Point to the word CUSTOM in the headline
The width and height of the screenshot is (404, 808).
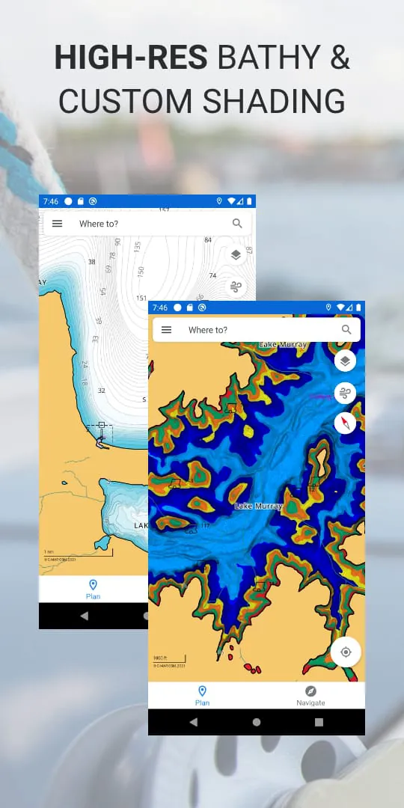[132, 101]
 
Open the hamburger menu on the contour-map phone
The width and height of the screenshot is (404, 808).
[58, 224]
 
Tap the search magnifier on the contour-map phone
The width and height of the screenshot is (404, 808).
[237, 224]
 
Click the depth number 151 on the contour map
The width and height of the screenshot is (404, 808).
[141, 298]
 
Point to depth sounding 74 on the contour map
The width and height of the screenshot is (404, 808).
[212, 275]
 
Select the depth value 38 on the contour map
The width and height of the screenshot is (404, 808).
[91, 262]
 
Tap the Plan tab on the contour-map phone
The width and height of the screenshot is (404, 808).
[93, 589]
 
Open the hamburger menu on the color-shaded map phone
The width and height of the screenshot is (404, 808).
[167, 330]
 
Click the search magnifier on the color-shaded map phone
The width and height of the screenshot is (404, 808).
[346, 330]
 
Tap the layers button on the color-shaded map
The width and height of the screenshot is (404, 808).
[345, 361]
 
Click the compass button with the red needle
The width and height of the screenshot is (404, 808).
[345, 423]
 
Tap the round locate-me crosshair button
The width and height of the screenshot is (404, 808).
[346, 652]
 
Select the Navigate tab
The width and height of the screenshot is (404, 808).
[310, 695]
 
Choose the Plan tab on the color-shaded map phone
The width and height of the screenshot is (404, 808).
[202, 695]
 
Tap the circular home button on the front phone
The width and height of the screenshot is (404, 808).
[257, 722]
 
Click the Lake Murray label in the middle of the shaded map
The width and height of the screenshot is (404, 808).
[257, 506]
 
